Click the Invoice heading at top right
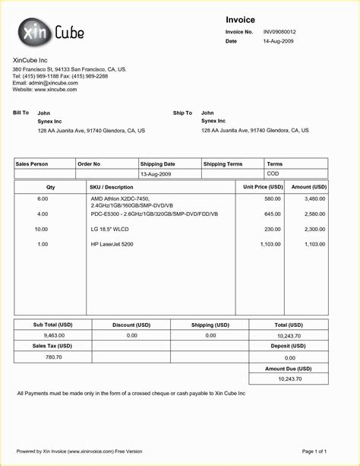pos(240,19)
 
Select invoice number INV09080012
pos(279,32)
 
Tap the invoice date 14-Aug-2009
pos(278,41)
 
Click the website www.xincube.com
pos(45,90)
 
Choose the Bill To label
pos(21,113)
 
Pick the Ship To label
pos(182,113)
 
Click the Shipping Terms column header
pos(223,163)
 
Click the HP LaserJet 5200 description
pos(112,244)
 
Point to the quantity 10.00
pos(41,229)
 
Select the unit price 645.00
pos(272,214)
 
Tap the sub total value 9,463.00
pos(54,334)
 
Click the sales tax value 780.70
pos(54,357)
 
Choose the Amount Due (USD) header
pos(289,368)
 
